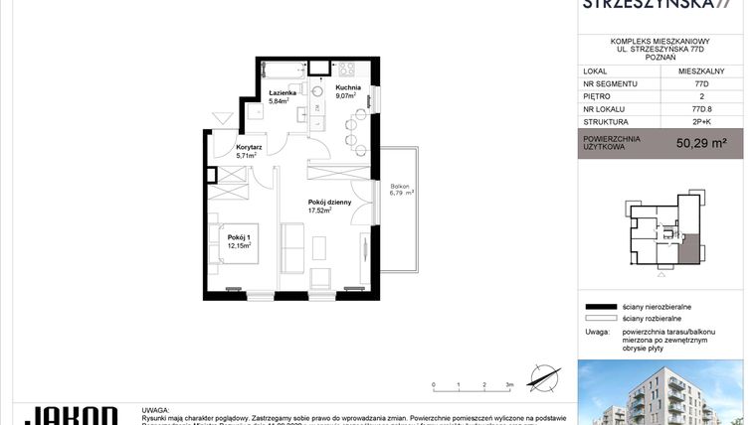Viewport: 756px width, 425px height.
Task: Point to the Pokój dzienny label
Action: tap(329, 202)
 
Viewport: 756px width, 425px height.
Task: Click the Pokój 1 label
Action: tap(238, 236)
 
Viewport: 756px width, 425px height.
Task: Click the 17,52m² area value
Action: tap(318, 211)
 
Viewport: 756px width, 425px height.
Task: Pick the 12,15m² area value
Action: tap(238, 244)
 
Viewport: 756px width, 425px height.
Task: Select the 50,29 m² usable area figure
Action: tap(701, 143)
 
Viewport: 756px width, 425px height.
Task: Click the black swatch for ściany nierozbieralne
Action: tap(600, 308)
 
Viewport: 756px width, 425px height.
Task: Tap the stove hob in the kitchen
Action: tap(347, 70)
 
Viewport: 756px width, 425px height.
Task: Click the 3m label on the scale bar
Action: tap(509, 383)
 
